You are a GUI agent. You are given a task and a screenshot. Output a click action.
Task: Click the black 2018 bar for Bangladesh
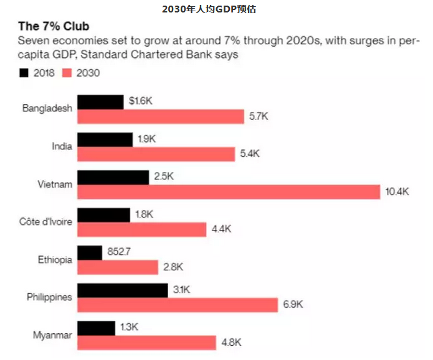[x=100, y=102]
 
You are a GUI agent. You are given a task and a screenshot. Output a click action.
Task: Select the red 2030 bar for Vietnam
[x=228, y=191]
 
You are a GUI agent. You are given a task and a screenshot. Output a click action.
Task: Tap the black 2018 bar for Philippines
[x=122, y=290]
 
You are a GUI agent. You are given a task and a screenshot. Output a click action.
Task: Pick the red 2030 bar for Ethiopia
[x=117, y=267]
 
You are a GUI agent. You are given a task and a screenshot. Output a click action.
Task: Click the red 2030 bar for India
[x=155, y=153]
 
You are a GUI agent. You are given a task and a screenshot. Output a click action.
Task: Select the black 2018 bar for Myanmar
[x=96, y=328]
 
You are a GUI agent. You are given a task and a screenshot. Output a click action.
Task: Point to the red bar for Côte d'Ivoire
[x=141, y=229]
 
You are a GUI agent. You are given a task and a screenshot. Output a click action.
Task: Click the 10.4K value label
[x=397, y=191]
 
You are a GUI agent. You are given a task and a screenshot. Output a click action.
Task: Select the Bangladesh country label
[x=47, y=108]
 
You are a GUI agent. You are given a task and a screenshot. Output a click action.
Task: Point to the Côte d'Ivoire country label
[x=46, y=222]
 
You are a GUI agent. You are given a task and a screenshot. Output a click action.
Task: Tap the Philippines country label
[x=49, y=297]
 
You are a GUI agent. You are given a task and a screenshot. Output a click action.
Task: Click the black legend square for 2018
[x=24, y=73]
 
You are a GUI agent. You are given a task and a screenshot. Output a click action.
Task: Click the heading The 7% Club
[x=53, y=27]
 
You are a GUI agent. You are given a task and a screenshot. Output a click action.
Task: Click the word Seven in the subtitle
[x=32, y=42]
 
